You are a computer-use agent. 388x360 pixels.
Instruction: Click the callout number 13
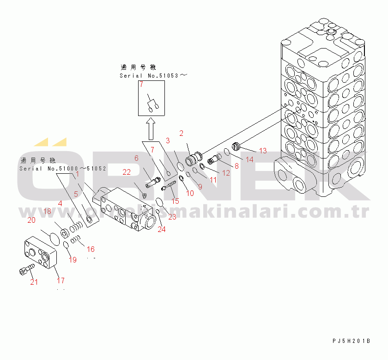(262, 151)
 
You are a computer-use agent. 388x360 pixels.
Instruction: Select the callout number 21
(34, 282)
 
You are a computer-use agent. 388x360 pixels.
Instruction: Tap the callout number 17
(61, 280)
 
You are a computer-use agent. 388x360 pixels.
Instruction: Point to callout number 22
(127, 172)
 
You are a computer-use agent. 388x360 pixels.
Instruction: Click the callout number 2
(182, 133)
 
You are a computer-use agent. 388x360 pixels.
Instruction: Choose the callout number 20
(31, 220)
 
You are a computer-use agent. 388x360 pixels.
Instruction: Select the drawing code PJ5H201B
(352, 341)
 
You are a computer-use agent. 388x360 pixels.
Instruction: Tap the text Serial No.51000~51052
(63, 169)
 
